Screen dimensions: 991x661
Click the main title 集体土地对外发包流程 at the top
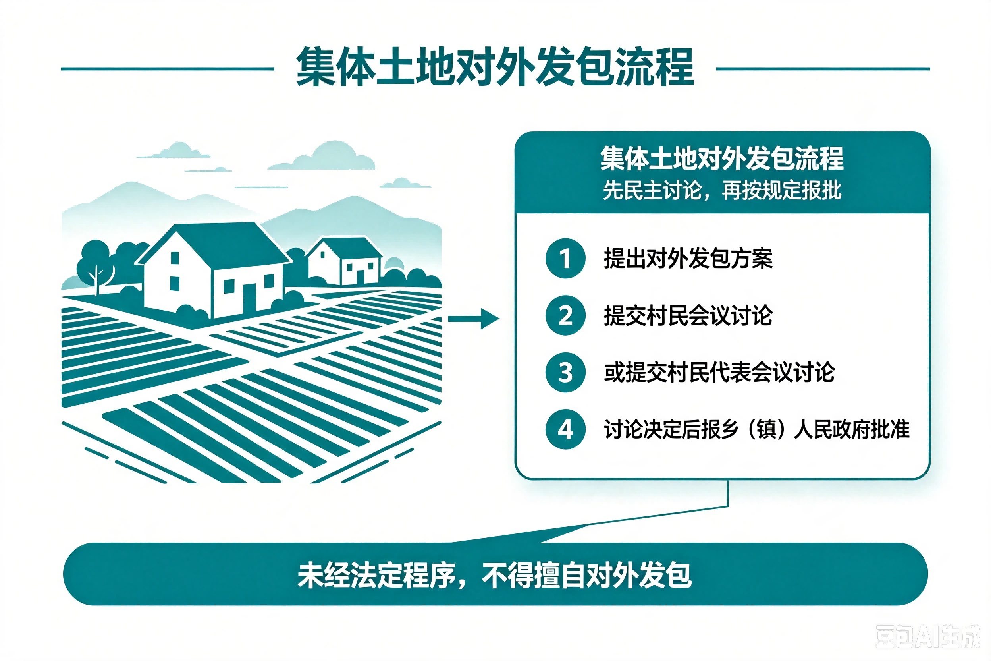[495, 67]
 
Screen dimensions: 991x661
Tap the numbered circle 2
[565, 315]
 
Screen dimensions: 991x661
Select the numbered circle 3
[565, 372]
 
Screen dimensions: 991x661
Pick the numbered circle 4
[565, 429]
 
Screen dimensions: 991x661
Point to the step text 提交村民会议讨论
[688, 315]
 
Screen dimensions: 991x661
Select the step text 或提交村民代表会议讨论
[719, 372]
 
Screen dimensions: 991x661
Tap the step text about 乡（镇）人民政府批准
[757, 429]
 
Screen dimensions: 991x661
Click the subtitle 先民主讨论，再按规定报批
[722, 190]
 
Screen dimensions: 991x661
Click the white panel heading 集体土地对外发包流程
[722, 158]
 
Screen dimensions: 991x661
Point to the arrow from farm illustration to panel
[474, 319]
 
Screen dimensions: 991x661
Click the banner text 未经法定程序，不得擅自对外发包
[495, 575]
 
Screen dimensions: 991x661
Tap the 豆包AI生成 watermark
[928, 636]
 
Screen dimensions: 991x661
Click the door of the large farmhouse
[249, 298]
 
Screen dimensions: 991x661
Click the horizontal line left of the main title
[167, 68]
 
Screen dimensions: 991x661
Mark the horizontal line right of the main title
[823, 68]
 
